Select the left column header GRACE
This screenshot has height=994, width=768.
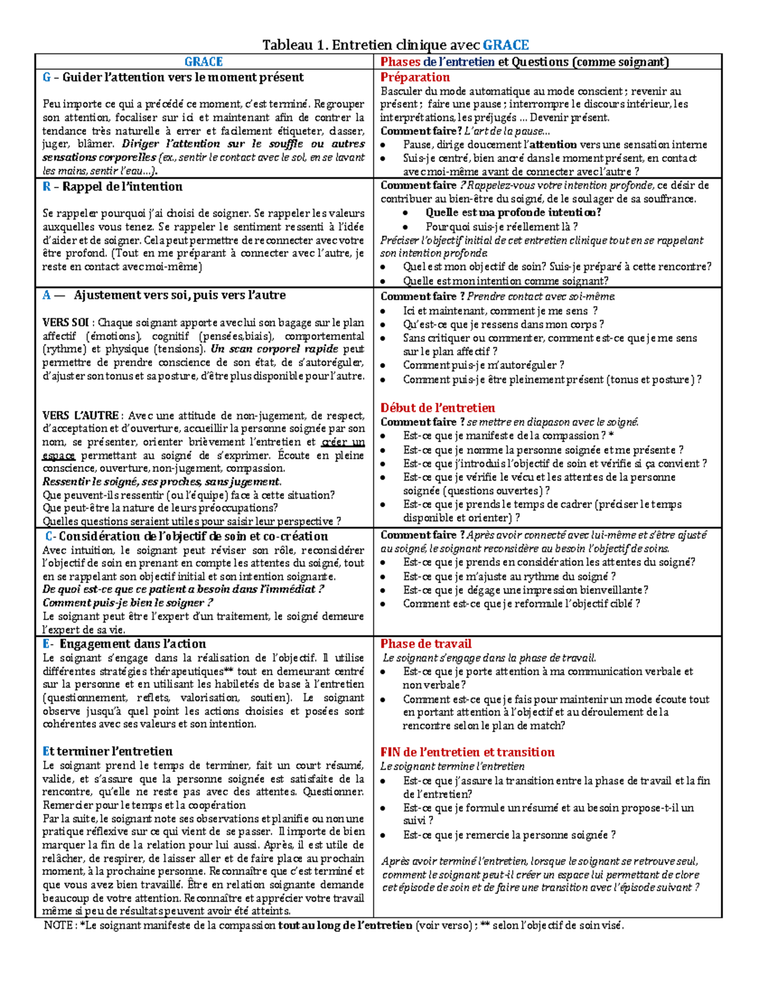204,62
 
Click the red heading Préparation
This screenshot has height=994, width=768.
415,77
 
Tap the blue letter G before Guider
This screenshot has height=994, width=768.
46,77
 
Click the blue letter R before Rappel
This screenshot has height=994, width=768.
46,187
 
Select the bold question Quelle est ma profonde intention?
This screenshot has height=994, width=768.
513,212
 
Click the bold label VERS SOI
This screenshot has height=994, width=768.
65,323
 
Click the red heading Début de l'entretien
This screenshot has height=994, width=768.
437,408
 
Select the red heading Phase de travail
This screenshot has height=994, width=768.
426,644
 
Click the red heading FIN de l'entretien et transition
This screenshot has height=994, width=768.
467,752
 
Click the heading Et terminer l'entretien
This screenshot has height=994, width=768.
107,751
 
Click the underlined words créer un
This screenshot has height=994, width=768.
343,442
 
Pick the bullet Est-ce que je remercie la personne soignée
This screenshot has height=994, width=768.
509,835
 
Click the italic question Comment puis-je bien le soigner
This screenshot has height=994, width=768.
127,602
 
